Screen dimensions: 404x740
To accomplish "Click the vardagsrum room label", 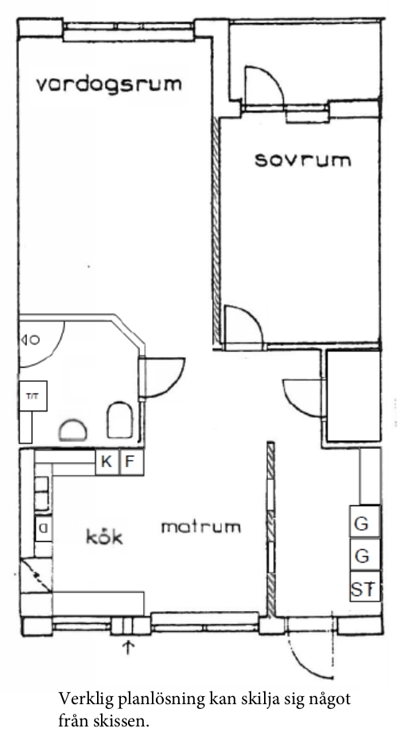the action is pyautogui.click(x=109, y=84).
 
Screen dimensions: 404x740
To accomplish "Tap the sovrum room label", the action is pyautogui.click(x=303, y=161).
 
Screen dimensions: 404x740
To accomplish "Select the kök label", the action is pyautogui.click(x=104, y=536).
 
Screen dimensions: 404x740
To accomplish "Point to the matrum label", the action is pyautogui.click(x=201, y=527).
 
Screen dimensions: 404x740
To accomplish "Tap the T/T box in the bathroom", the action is pyautogui.click(x=33, y=395).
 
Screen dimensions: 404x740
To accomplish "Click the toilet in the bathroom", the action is pyautogui.click(x=120, y=420).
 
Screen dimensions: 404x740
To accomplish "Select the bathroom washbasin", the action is pyautogui.click(x=72, y=430).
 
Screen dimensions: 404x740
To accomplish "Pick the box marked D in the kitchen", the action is pyautogui.click(x=44, y=528).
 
